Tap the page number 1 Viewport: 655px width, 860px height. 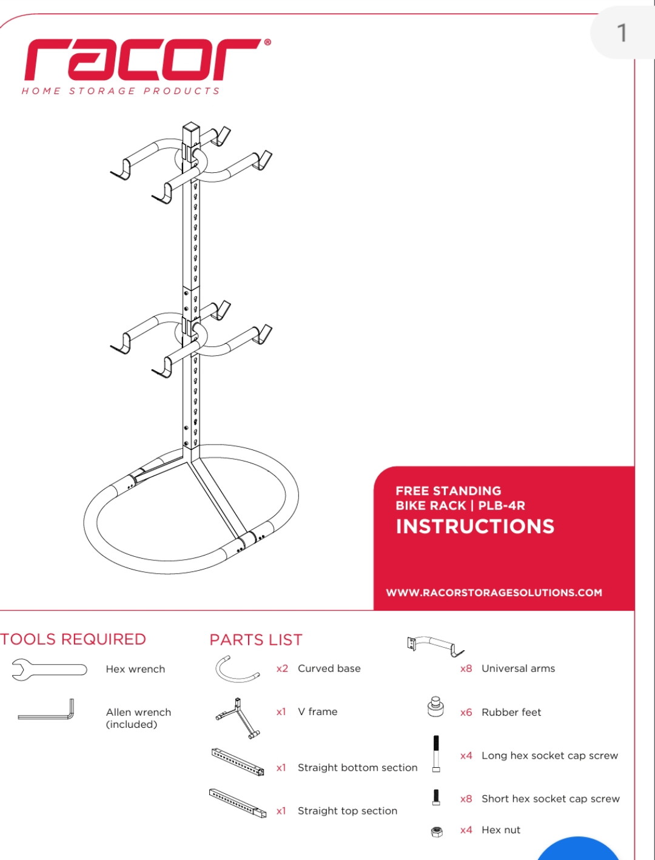click(621, 33)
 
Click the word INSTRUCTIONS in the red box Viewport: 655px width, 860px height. click(475, 526)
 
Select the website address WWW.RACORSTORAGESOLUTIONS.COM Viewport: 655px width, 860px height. click(494, 593)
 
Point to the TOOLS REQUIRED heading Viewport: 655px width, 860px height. click(73, 639)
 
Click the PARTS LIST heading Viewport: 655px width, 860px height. click(255, 640)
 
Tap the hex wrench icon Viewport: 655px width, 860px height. click(49, 670)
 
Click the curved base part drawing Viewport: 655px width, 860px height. click(237, 670)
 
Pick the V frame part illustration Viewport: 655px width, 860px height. click(238, 717)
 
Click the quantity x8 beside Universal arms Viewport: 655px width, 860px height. click(466, 668)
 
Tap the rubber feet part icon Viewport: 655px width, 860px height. click(435, 707)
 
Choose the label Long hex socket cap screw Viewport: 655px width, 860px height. click(549, 756)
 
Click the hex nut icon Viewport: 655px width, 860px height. click(437, 831)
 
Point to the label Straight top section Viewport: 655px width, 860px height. click(348, 811)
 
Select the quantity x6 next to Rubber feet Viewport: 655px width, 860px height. click(466, 712)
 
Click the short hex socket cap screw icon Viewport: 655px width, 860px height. click(436, 797)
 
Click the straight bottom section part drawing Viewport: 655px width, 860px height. click(238, 762)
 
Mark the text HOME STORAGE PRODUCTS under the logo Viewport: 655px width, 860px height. click(121, 91)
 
